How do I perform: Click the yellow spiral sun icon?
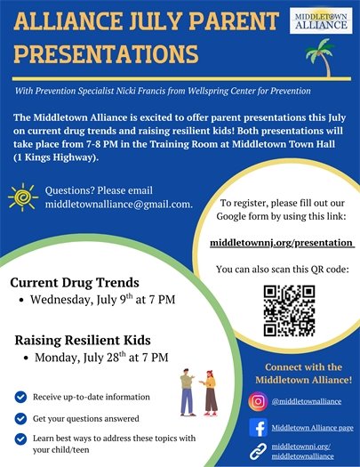(20, 197)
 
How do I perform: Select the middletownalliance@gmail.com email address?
(119, 205)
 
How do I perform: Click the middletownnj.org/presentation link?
(281, 242)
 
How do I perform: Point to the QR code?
(289, 310)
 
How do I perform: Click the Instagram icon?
(259, 402)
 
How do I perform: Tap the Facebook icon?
(259, 428)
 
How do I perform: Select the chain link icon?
(259, 451)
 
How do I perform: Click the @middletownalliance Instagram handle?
(307, 402)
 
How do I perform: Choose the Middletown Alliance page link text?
(313, 428)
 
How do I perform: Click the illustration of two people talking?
(199, 392)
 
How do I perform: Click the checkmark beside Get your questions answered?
(20, 417)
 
